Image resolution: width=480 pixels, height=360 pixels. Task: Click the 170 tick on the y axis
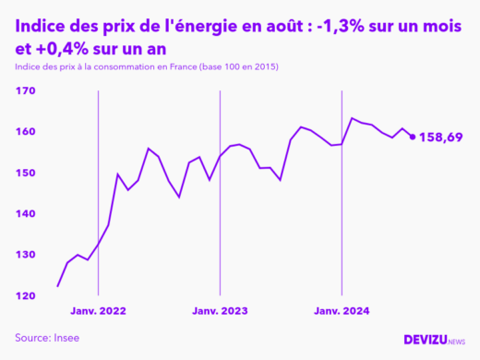tap(26, 91)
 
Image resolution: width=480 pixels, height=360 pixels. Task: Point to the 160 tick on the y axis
tap(26, 132)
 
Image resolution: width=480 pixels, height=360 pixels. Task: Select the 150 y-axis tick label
tap(26, 173)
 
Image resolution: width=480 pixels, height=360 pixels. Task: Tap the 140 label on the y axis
tap(26, 213)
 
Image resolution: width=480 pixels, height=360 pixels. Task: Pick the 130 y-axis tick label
tap(26, 255)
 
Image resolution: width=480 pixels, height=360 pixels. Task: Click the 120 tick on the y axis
tap(26, 295)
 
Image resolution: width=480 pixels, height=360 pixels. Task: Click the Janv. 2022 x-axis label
tap(98, 312)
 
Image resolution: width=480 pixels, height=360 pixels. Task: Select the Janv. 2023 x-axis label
tap(220, 312)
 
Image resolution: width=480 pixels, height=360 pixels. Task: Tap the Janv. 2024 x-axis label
tap(342, 312)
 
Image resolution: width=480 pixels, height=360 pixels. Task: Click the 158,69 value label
tap(440, 138)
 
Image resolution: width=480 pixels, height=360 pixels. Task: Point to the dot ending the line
tap(412, 137)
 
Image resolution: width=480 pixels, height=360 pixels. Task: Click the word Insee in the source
tap(65, 339)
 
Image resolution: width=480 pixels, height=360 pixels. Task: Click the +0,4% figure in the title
tap(67, 47)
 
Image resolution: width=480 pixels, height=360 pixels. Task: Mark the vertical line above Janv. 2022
tap(98, 185)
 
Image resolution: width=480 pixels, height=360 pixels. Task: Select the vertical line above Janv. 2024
tap(342, 185)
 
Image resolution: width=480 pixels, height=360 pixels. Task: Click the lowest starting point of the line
tap(57, 286)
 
